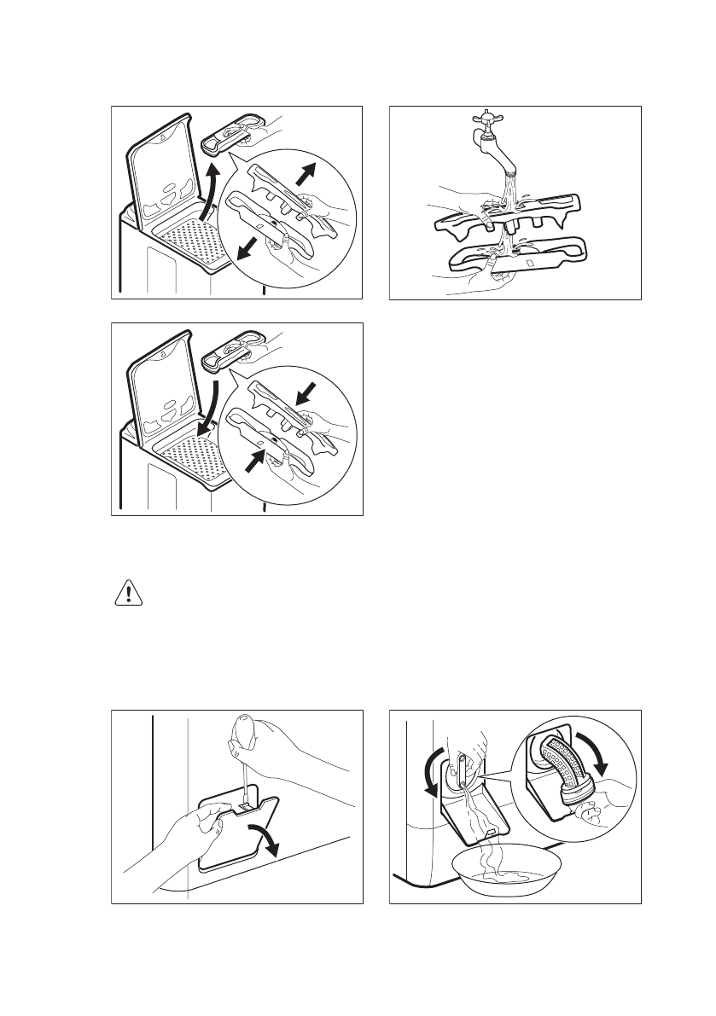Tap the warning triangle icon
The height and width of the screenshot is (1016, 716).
[x=128, y=594]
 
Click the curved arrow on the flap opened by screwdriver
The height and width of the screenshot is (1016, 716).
[x=265, y=839]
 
